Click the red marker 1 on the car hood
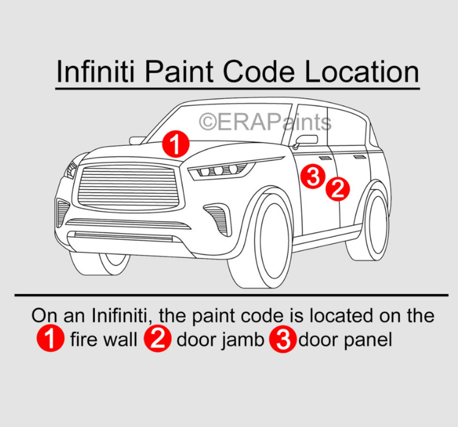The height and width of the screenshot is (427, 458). (x=176, y=143)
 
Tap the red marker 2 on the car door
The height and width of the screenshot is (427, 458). (x=338, y=189)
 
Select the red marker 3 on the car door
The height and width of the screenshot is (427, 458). (x=313, y=176)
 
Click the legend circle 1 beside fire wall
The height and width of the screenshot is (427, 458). (x=50, y=339)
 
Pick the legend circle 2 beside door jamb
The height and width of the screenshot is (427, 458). (x=158, y=339)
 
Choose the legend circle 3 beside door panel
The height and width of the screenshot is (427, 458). (x=283, y=339)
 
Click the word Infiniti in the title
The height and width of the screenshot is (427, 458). (x=96, y=71)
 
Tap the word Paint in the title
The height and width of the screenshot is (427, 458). (x=179, y=71)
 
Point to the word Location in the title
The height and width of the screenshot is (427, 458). (x=362, y=71)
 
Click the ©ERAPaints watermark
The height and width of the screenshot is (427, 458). (x=265, y=122)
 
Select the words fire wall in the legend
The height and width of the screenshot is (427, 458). (x=104, y=339)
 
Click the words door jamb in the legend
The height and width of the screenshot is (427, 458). (x=220, y=340)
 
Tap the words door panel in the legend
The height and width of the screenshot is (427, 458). (x=345, y=340)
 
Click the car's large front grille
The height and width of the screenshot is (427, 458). (x=129, y=187)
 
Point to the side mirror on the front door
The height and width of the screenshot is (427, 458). (x=305, y=141)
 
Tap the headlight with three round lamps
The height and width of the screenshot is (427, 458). (x=222, y=170)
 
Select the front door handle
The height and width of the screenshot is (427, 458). (x=325, y=158)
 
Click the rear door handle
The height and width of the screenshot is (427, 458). (x=360, y=157)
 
